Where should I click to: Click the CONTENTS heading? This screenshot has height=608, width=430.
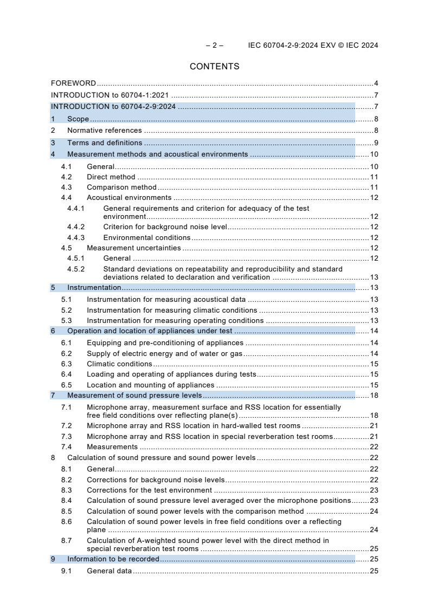click(x=214, y=67)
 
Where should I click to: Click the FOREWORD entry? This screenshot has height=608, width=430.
click(x=73, y=83)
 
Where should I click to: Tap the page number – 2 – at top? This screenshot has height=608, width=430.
click(x=214, y=46)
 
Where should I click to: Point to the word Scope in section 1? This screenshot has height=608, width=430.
click(x=78, y=119)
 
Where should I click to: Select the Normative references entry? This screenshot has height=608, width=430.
click(x=105, y=131)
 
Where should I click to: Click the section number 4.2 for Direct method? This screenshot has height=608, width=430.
click(x=66, y=177)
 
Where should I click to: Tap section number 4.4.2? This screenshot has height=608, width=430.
click(x=76, y=227)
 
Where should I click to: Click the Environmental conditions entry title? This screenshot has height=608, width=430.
click(x=146, y=237)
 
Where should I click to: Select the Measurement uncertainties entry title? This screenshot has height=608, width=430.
click(x=134, y=248)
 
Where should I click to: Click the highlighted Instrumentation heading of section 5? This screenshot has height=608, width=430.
click(x=94, y=288)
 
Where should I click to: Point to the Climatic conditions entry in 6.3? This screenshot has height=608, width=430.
click(x=119, y=364)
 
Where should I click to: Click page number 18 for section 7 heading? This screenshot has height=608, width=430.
click(x=374, y=396)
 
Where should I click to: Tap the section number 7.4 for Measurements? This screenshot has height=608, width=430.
click(x=66, y=447)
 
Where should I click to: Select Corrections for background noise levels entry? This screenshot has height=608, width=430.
click(x=156, y=480)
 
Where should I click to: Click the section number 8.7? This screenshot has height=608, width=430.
click(x=66, y=540)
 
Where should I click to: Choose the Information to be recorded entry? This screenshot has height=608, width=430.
click(x=113, y=559)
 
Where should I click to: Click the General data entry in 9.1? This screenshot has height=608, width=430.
click(x=109, y=571)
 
